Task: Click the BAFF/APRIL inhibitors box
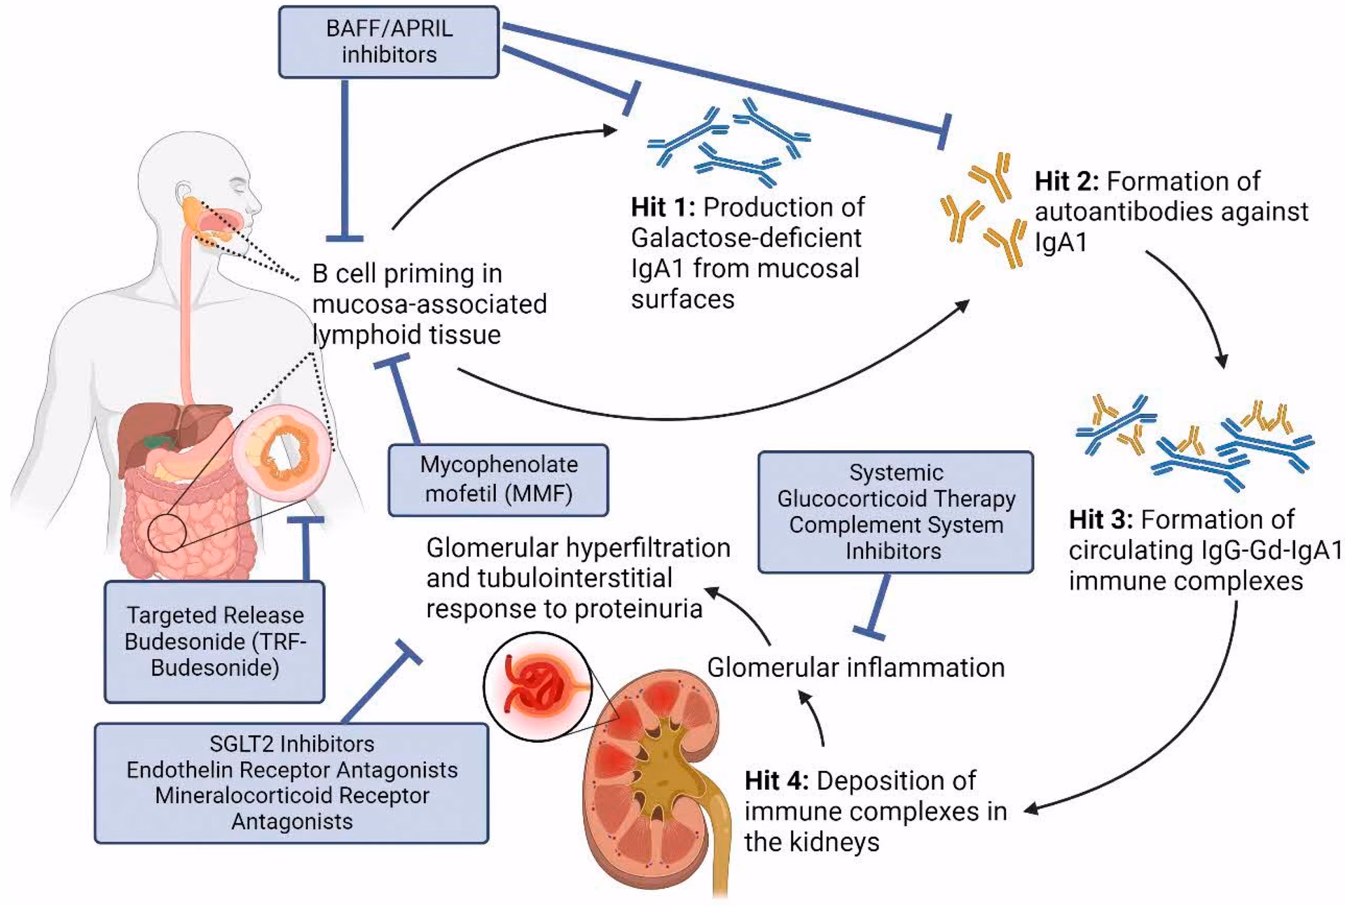click(389, 42)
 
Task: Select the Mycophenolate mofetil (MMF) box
click(498, 480)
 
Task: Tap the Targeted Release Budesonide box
click(214, 641)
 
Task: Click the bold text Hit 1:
click(663, 208)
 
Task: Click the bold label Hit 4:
click(776, 781)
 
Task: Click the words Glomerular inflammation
click(855, 668)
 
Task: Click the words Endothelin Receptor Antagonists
click(291, 770)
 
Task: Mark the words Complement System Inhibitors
click(895, 538)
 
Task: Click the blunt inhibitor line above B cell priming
click(344, 161)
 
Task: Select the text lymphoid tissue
click(406, 335)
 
